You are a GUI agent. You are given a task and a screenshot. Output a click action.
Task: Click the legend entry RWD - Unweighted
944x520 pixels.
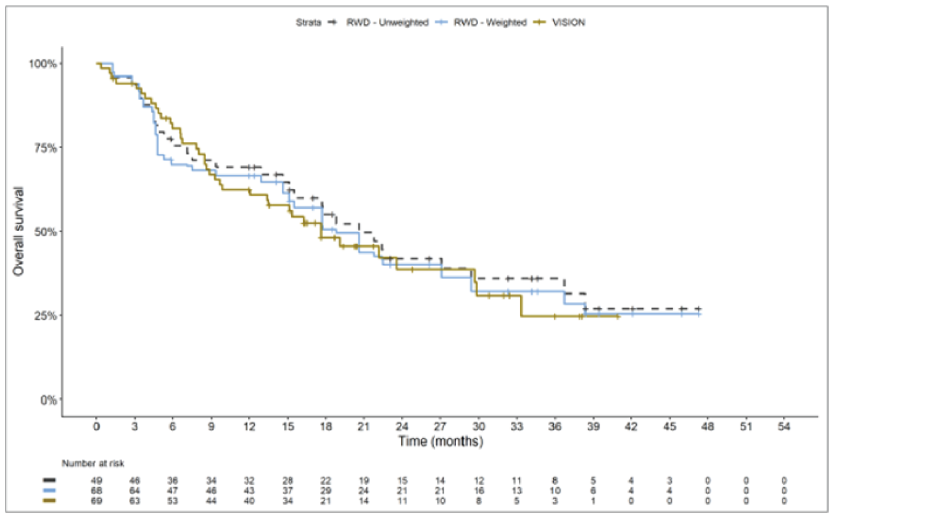tap(387, 22)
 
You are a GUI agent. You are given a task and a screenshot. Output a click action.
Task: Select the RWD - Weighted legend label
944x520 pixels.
tap(490, 22)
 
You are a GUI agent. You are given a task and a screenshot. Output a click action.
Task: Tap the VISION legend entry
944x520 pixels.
tap(568, 22)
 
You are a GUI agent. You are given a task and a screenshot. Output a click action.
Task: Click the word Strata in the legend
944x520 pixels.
tap(308, 22)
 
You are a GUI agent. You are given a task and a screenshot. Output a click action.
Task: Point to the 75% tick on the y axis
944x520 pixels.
tap(45, 148)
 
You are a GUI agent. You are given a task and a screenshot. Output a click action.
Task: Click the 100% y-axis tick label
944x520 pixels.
tap(43, 64)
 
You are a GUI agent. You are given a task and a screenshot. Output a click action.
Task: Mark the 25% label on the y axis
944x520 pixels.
tap(45, 316)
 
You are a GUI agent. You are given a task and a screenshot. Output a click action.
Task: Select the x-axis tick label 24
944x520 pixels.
tap(402, 426)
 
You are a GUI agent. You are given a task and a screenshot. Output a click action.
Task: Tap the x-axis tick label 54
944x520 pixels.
tap(784, 426)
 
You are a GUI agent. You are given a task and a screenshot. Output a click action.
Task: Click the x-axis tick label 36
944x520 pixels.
tap(555, 426)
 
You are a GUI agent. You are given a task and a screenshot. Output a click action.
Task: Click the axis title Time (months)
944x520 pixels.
tap(441, 441)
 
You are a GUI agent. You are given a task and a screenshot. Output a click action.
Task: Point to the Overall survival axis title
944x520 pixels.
tap(19, 232)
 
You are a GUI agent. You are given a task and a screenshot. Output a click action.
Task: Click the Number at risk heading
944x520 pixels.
tap(93, 463)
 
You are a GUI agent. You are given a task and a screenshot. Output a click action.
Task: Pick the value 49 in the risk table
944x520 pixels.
tap(96, 480)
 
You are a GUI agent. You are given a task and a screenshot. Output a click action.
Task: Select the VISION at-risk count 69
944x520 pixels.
tap(96, 501)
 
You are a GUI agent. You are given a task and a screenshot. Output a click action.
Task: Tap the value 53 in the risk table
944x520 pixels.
tap(172, 501)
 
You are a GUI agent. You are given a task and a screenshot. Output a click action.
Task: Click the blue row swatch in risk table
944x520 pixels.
tap(49, 490)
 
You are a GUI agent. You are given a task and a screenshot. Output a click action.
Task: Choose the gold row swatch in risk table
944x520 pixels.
tap(49, 501)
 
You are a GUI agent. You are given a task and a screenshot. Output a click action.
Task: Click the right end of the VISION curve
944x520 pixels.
tap(618, 317)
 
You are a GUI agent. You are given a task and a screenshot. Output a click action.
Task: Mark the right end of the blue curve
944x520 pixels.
tap(699, 314)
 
